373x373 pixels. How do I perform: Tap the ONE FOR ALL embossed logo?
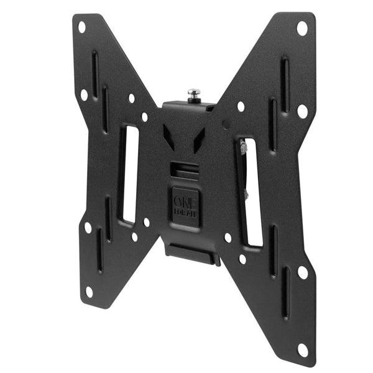click(186, 203)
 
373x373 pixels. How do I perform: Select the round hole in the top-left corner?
click(81, 27)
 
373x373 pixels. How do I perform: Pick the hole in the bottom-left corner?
click(90, 290)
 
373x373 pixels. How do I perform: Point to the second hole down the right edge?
click(302, 111)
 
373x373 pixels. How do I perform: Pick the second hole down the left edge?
click(84, 95)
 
